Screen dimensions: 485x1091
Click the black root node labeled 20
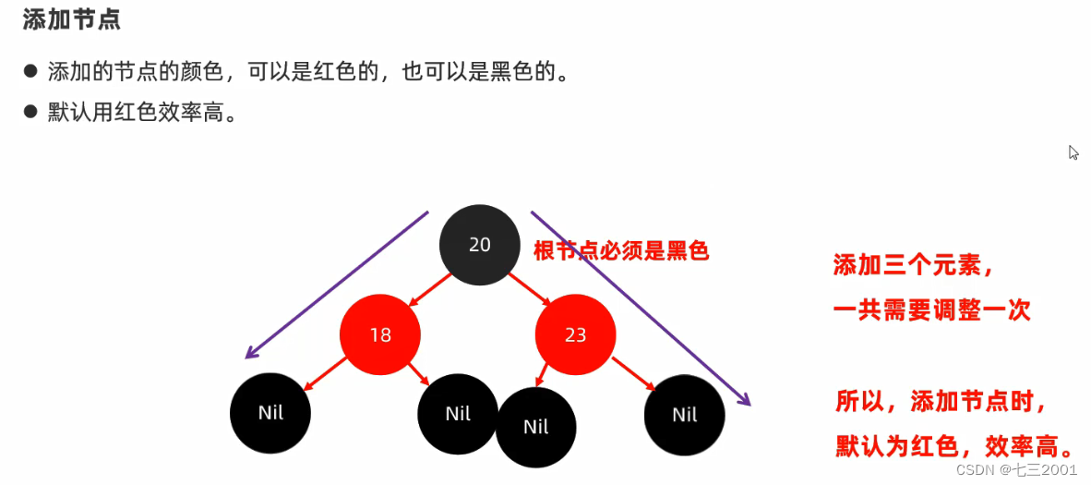tap(479, 244)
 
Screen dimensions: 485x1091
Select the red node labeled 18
tap(380, 334)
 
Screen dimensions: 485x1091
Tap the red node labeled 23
tap(575, 334)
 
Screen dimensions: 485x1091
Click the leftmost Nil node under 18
tap(270, 413)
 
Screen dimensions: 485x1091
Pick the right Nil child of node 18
tap(458, 413)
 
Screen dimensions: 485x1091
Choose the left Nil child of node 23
tap(535, 427)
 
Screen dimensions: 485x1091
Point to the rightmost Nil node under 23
tap(684, 415)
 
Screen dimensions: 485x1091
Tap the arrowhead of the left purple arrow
tap(249, 355)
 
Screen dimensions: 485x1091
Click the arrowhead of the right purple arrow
tap(746, 400)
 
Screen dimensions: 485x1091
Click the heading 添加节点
tap(71, 20)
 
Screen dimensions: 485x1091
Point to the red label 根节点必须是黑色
tap(620, 250)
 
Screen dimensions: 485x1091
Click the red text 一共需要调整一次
tap(930, 310)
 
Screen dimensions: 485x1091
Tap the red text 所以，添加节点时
tap(941, 402)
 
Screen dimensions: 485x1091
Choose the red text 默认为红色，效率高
tap(955, 447)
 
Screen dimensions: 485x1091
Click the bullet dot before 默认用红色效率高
tap(30, 113)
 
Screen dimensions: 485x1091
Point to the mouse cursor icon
tap(1073, 152)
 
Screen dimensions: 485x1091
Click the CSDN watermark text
tap(1016, 469)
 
